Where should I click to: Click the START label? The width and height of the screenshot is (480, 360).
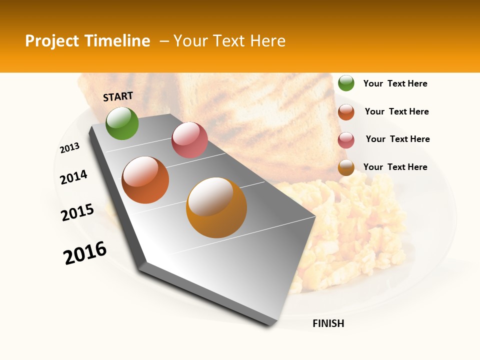point(118,96)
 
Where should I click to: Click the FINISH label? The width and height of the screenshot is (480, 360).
point(328,323)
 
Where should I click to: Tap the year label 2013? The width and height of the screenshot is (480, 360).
point(70,148)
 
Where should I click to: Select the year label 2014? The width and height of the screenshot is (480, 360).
point(74,177)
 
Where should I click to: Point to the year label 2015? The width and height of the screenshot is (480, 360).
point(77,212)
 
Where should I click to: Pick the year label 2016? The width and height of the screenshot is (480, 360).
point(85,253)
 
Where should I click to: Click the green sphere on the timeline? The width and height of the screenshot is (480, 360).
point(122,123)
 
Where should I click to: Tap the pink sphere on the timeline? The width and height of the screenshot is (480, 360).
point(189,139)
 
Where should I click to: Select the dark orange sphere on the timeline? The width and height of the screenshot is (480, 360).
point(145,180)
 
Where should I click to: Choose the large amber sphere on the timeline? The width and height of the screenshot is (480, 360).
point(216,207)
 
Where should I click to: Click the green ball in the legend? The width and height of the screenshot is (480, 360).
point(346,83)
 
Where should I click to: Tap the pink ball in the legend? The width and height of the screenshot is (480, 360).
point(346,140)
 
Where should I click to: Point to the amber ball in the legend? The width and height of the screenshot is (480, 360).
point(346,168)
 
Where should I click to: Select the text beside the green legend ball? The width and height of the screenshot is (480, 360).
point(395,83)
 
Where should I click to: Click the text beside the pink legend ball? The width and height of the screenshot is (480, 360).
point(397,139)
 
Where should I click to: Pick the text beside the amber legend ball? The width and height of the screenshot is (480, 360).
point(395,167)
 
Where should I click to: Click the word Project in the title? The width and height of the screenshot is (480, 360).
point(52,41)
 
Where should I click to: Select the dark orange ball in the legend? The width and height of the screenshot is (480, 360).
point(346,112)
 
